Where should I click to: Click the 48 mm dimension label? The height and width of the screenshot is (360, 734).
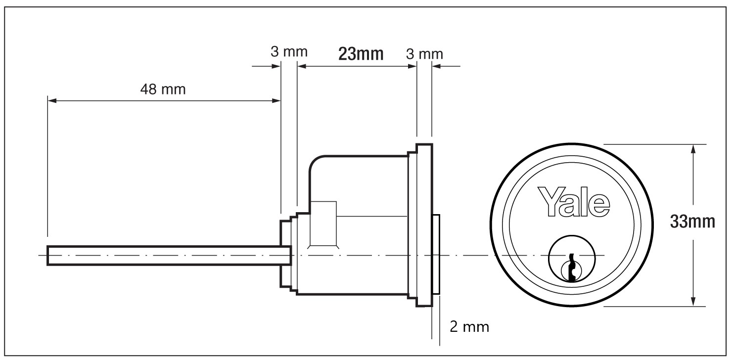pos(163,90)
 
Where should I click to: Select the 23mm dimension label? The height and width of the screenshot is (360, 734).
pos(361,53)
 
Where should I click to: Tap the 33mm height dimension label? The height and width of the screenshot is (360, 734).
pos(692,222)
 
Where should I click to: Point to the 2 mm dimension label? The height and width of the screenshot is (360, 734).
pos(469,327)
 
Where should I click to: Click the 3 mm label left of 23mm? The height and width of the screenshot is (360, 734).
pos(289,51)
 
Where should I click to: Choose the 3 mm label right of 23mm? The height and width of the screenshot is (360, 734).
pos(424,53)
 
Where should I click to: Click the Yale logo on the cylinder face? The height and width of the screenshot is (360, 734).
pos(574,201)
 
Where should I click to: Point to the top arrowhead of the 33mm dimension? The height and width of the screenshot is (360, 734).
pos(693,149)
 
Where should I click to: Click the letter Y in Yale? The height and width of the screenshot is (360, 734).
pos(549,200)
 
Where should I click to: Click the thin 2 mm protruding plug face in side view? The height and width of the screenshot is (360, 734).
pos(436,255)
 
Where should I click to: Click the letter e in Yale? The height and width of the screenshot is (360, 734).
pos(599,205)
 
